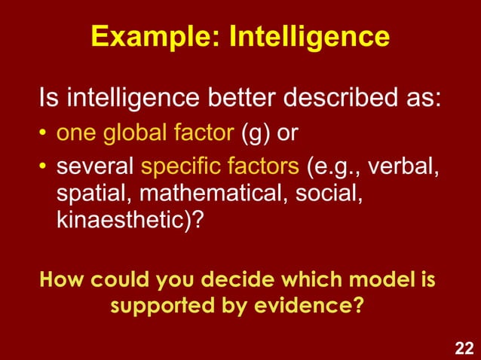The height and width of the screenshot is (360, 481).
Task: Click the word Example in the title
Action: pyautogui.click(x=147, y=36)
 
